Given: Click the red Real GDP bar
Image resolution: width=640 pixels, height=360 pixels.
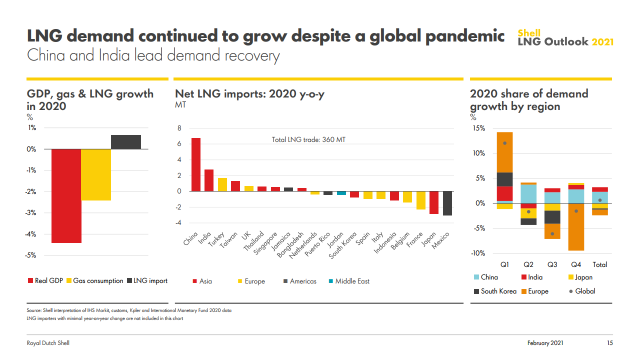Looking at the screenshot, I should click(66, 196).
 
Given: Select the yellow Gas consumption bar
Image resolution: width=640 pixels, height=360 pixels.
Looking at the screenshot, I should click(96, 174).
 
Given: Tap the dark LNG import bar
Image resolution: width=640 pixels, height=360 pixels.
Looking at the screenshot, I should click(126, 142).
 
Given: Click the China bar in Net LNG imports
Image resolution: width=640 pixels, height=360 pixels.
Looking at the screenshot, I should click(196, 164).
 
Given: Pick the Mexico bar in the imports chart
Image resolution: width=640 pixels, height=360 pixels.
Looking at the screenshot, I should click(447, 203).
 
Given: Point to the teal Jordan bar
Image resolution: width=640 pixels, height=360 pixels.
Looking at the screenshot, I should click(341, 193).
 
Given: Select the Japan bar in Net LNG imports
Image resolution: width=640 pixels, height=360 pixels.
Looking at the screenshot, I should click(434, 202).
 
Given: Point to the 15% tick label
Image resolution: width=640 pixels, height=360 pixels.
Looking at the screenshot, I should click(478, 128).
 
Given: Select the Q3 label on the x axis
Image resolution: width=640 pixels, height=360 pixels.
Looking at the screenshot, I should click(552, 264).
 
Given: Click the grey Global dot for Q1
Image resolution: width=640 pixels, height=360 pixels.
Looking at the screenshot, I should click(505, 143).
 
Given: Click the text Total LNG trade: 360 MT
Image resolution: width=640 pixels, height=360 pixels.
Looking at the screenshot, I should click(308, 140).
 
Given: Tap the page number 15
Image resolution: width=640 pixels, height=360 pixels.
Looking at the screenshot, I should click(609, 343).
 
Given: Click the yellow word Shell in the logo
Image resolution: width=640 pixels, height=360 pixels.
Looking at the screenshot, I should click(529, 33).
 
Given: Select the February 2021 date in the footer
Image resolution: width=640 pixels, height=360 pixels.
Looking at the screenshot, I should click(545, 343).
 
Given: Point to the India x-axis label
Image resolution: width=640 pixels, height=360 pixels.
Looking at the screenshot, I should click(205, 238).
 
